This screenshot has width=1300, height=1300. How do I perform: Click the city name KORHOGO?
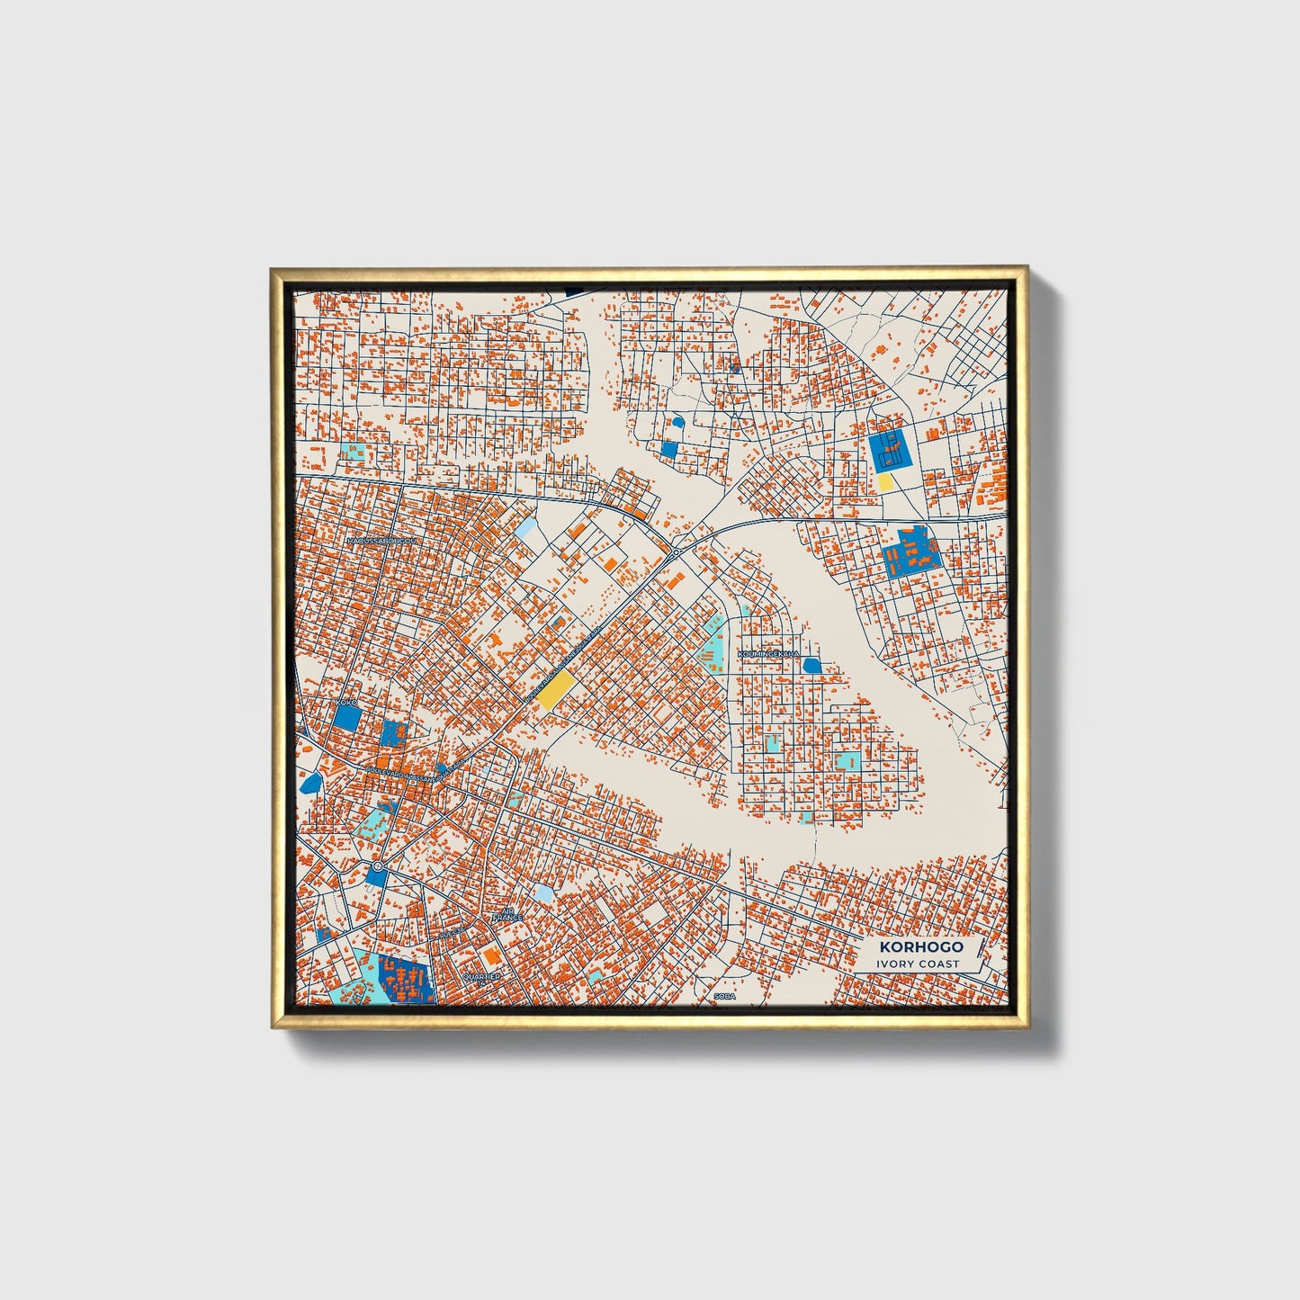coord(920,946)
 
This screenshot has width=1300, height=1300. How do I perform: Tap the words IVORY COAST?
coord(919,964)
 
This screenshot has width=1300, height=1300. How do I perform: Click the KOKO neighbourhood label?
coord(345,702)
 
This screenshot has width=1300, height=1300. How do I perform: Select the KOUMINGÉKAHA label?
coord(767,654)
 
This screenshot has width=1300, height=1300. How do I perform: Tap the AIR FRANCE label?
coord(507,913)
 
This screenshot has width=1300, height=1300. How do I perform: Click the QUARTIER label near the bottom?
coord(480,976)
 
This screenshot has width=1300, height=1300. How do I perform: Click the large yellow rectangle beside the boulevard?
coord(557,691)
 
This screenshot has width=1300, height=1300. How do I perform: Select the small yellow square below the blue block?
coord(885,482)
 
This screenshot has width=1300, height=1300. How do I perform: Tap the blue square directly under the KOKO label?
coord(346,717)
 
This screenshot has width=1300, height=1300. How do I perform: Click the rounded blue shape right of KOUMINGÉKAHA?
coord(811,666)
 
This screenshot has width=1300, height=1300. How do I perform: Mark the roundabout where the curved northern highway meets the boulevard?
coord(675,551)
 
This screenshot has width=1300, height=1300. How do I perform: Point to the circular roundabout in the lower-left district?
coord(377,866)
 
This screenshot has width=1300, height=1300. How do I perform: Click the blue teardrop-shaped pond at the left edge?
coord(311,781)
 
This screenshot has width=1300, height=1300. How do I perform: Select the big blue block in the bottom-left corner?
coord(405,980)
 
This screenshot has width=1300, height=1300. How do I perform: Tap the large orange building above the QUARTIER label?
coord(490,954)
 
